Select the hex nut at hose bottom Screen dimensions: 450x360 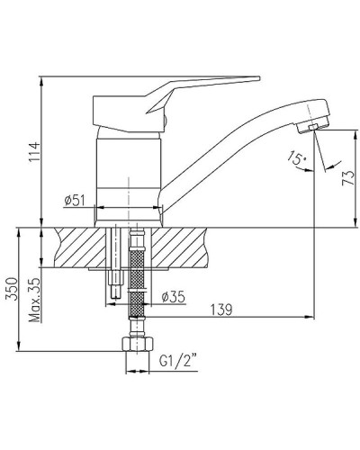(137, 345)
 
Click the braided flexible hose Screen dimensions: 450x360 (137, 279)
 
